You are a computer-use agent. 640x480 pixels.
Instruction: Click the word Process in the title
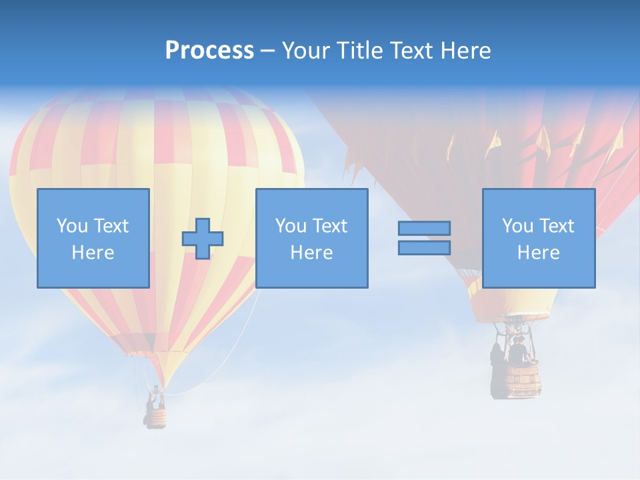click(x=209, y=51)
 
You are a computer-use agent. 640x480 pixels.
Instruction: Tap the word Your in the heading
click(x=307, y=51)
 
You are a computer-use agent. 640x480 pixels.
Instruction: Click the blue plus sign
click(x=203, y=238)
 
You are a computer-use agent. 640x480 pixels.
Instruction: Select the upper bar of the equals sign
click(x=424, y=228)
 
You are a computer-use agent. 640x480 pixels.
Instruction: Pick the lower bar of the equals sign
click(x=424, y=247)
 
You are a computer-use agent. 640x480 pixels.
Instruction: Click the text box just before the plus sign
click(x=93, y=238)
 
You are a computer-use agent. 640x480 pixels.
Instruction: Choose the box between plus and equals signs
click(x=311, y=238)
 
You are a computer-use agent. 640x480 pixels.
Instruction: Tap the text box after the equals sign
click(x=539, y=238)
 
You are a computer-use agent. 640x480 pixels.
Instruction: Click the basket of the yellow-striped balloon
click(x=157, y=418)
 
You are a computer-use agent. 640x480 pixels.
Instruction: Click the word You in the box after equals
click(x=517, y=226)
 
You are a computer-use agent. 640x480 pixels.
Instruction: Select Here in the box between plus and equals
click(x=311, y=253)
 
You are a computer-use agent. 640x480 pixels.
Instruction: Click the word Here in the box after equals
click(x=539, y=253)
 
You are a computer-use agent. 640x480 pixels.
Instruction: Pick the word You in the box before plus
click(x=71, y=226)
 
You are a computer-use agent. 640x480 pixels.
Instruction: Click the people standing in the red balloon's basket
click(x=517, y=351)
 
